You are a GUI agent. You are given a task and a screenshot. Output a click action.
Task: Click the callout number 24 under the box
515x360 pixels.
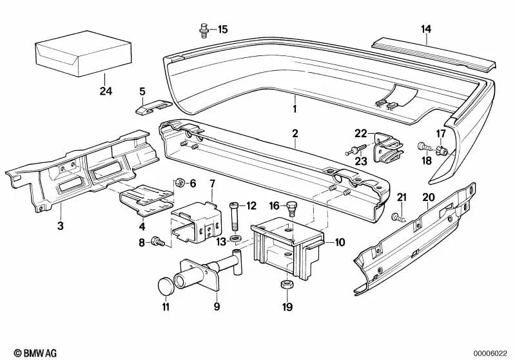[x=106, y=91]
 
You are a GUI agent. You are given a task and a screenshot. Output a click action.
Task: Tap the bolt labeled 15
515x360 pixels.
[x=203, y=29]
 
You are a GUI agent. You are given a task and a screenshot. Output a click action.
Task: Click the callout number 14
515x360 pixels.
[x=426, y=29]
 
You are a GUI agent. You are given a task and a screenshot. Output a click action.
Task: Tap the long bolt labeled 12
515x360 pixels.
[x=234, y=219]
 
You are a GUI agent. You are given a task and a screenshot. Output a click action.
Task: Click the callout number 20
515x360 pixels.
[x=428, y=197]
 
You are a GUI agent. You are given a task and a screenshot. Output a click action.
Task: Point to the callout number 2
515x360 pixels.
[x=295, y=134]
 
